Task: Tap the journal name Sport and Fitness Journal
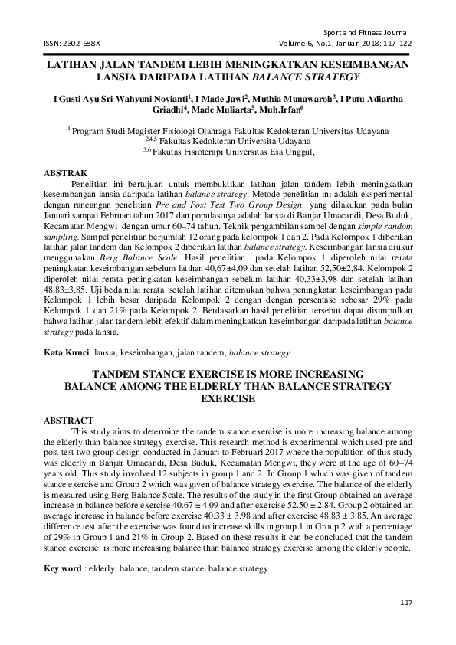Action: [x=367, y=33]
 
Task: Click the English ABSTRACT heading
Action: [x=69, y=421]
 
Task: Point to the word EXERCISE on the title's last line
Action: [x=227, y=399]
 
